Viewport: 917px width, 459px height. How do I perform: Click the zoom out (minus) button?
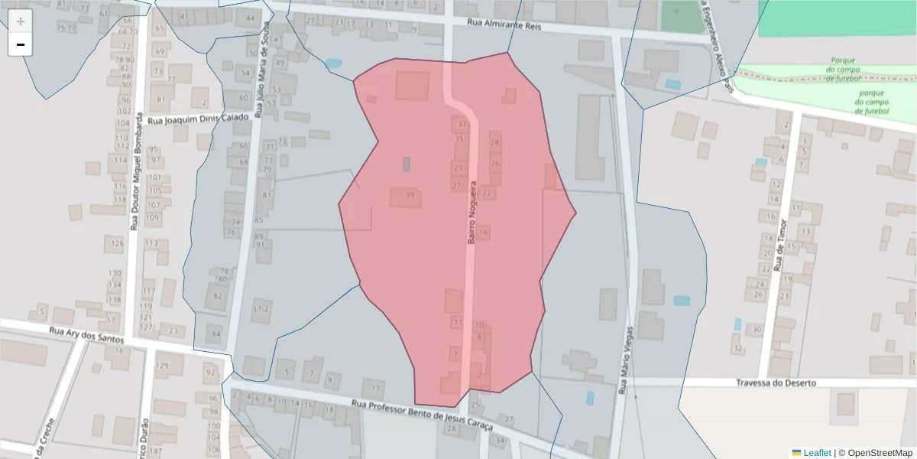click(21, 44)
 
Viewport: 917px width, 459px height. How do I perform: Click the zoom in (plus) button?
click(21, 21)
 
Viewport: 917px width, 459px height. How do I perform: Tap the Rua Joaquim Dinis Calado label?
click(199, 119)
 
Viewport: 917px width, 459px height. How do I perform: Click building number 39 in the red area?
click(410, 196)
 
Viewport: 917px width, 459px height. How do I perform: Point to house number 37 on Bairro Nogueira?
click(461, 124)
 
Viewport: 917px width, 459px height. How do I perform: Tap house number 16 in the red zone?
click(484, 232)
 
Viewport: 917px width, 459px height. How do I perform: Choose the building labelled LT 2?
click(261, 309)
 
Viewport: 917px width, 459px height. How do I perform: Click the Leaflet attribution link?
click(817, 453)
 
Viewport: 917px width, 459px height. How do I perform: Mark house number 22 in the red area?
click(487, 194)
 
